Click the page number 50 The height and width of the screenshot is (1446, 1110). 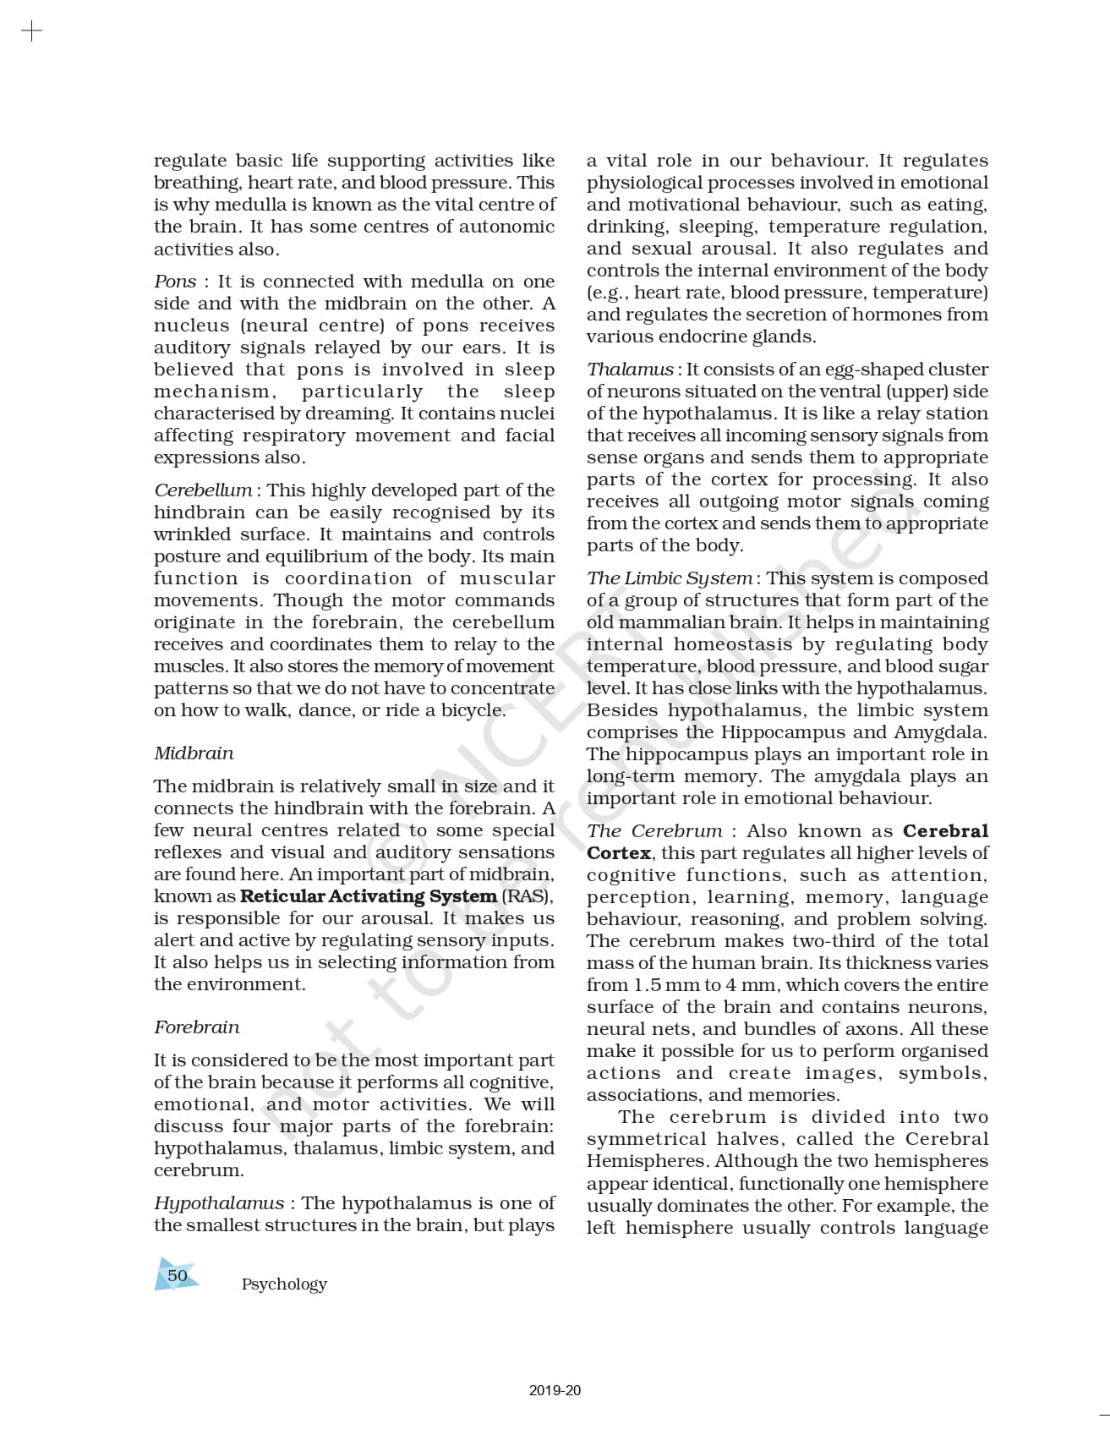pos(178,1275)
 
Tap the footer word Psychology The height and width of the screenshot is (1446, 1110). pos(284,1284)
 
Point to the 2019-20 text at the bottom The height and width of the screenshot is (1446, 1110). pos(555,1390)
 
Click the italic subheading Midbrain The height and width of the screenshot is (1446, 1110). pos(194,753)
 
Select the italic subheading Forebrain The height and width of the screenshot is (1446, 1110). pos(196,1027)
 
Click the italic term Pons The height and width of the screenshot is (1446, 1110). pos(175,282)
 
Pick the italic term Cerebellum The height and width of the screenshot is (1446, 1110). pos(203,490)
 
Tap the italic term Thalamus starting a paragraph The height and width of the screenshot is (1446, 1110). pos(630,370)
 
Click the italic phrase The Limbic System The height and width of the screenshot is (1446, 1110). pos(670,578)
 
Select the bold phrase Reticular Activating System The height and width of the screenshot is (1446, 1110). pos(369,896)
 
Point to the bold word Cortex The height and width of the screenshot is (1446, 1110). pos(619,853)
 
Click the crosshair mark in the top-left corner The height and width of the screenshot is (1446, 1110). pos(31,32)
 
